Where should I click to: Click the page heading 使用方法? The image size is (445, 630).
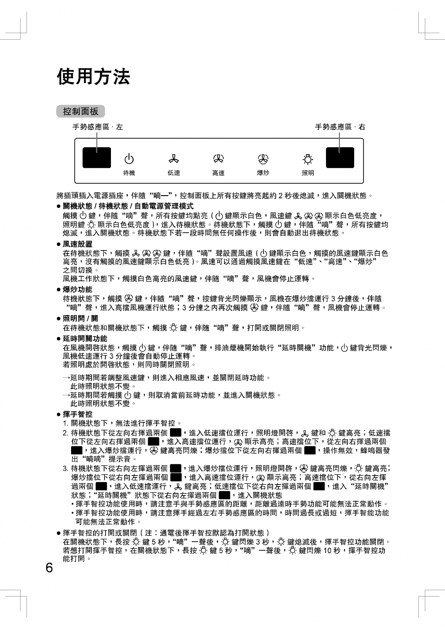(93, 76)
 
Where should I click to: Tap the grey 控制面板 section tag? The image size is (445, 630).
(81, 111)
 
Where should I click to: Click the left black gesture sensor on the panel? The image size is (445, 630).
(97, 158)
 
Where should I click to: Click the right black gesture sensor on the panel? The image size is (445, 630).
(340, 158)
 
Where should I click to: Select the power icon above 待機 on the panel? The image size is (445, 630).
(129, 159)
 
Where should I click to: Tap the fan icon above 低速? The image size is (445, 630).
(174, 159)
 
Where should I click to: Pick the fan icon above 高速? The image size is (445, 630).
(218, 159)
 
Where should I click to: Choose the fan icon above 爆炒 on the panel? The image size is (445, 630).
(263, 159)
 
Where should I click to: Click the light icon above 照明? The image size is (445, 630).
(308, 159)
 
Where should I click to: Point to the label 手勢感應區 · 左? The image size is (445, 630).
(97, 127)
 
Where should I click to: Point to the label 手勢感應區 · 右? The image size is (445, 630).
(340, 127)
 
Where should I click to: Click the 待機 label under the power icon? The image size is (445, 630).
(129, 173)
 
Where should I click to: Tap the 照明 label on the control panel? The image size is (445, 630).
(308, 173)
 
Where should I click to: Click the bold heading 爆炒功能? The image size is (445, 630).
(78, 290)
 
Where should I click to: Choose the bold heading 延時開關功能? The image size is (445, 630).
(85, 338)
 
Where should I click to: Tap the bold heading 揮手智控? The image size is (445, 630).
(78, 414)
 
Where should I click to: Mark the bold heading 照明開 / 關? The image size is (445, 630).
(80, 319)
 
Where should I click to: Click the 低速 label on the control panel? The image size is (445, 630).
(174, 173)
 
